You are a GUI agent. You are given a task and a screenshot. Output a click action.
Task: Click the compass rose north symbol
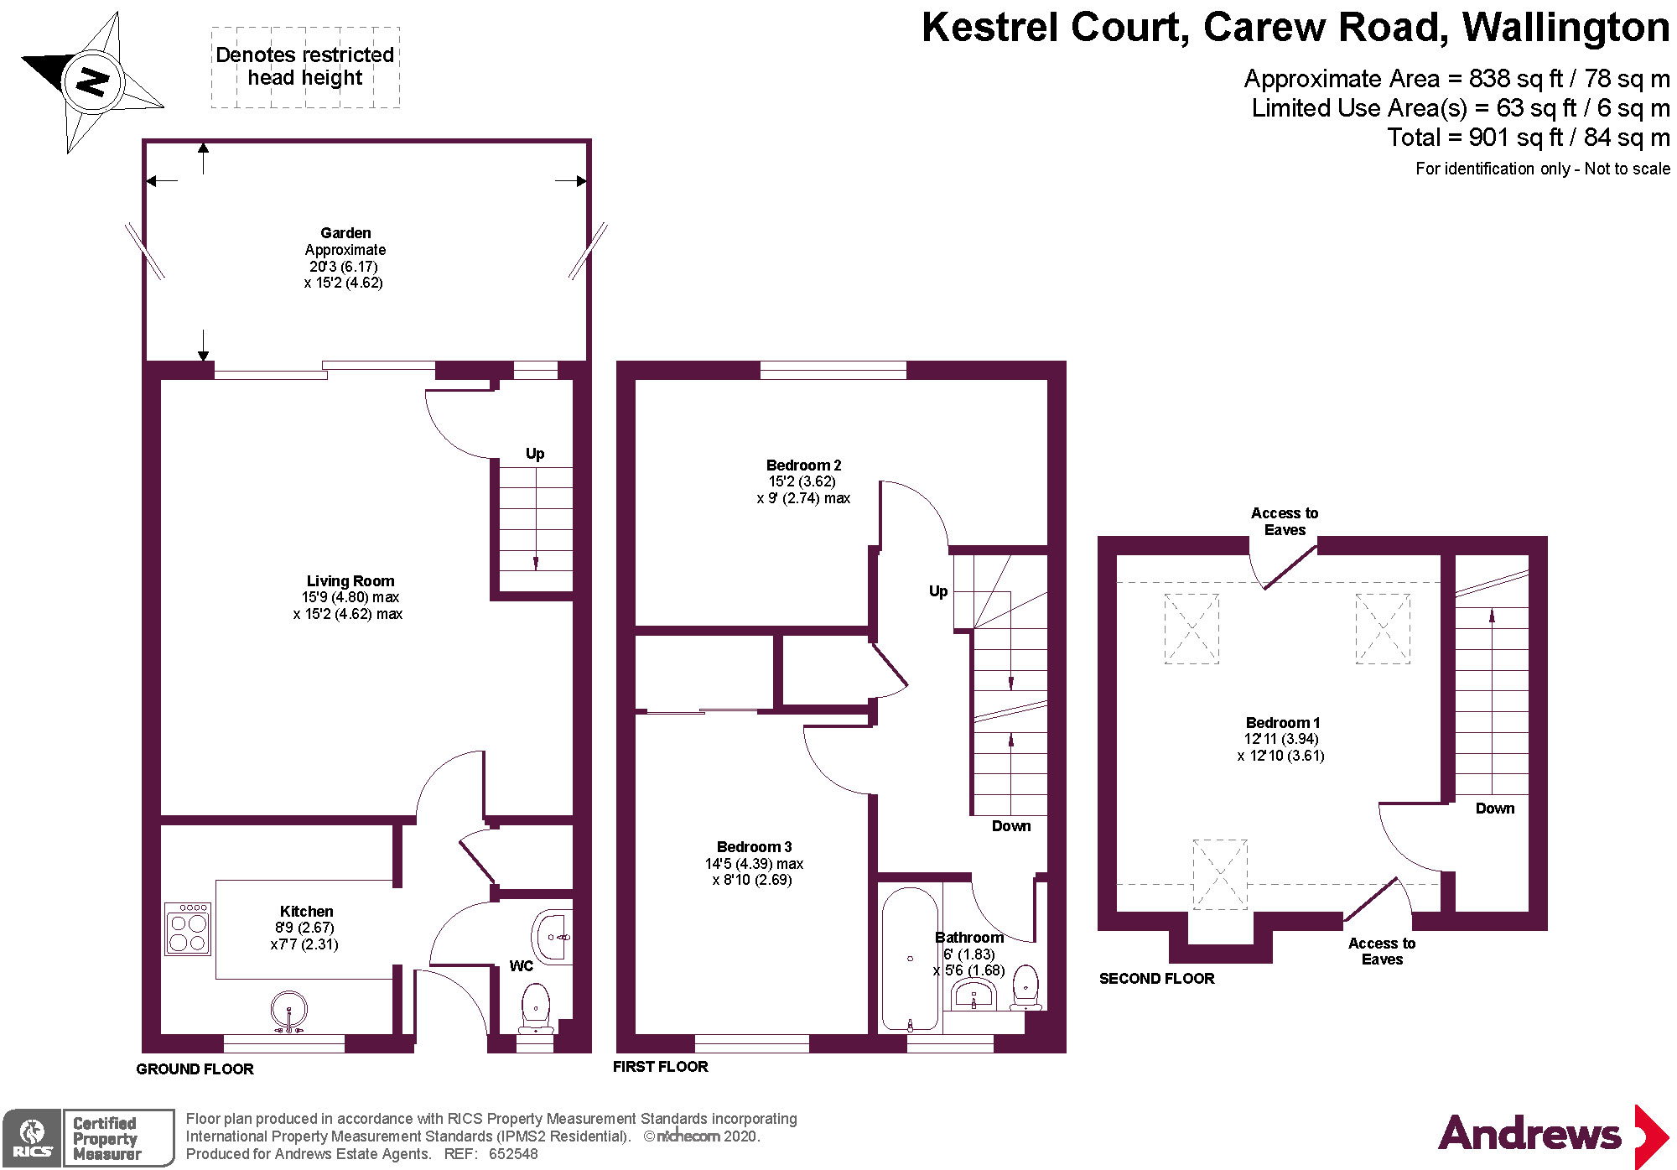(x=93, y=82)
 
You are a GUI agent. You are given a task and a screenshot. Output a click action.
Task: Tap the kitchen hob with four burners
(x=188, y=930)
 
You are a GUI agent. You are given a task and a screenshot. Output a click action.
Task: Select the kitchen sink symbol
(x=288, y=1011)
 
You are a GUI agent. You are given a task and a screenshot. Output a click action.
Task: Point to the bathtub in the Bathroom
(x=910, y=959)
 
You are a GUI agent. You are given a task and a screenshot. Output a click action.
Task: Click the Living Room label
(x=350, y=581)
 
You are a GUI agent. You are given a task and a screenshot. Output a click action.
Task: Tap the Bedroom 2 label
(x=803, y=465)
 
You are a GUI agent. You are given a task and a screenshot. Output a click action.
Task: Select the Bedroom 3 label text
(x=754, y=847)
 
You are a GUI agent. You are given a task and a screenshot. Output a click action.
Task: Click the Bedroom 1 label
(x=1283, y=723)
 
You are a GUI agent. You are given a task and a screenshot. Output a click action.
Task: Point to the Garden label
(x=345, y=233)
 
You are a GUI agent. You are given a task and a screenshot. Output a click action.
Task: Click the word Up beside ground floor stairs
(x=535, y=454)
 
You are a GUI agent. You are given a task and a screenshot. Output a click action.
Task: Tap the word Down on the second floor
(x=1495, y=809)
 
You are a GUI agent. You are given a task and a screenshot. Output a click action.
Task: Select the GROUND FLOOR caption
(x=195, y=1069)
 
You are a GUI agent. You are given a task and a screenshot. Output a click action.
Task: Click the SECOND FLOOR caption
(x=1156, y=979)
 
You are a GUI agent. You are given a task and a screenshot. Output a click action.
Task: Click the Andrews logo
(x=1551, y=1135)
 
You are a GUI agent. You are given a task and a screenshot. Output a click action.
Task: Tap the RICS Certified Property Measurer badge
(x=88, y=1138)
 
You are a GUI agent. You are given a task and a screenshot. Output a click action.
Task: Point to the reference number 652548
(x=514, y=1154)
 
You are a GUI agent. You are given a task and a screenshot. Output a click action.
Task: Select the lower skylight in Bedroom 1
(x=1220, y=875)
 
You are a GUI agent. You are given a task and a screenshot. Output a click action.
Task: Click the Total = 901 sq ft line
(x=1528, y=138)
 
